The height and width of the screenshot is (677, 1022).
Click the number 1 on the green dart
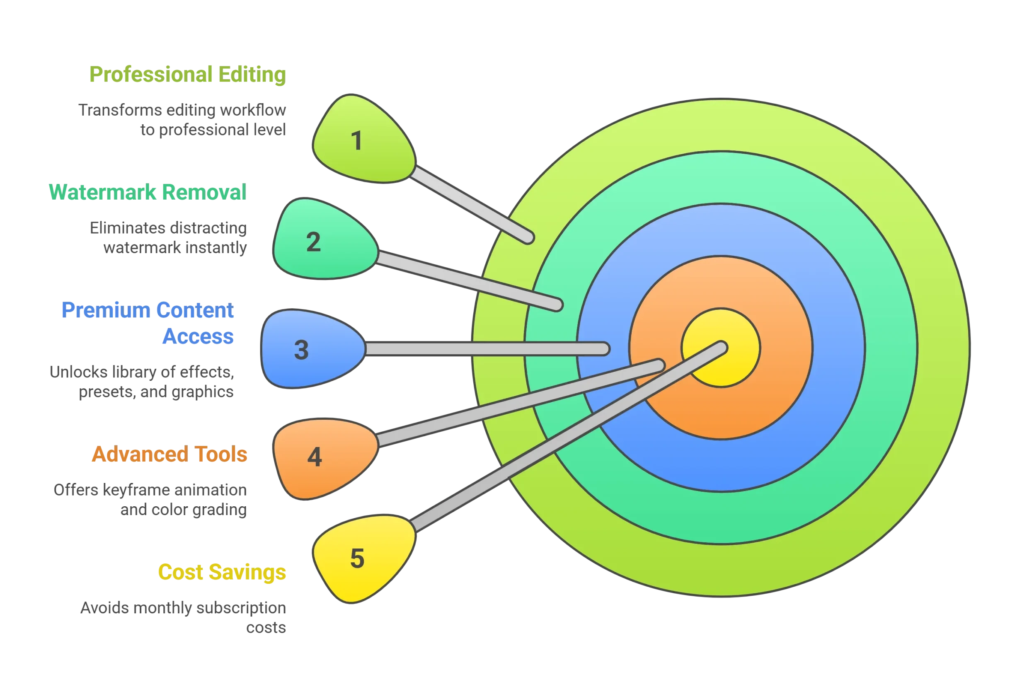(x=357, y=141)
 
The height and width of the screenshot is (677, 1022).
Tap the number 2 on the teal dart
(x=313, y=242)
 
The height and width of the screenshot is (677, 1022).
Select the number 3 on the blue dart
(x=301, y=350)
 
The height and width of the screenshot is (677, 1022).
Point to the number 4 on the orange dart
(x=314, y=457)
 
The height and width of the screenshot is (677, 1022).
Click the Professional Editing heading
(x=188, y=75)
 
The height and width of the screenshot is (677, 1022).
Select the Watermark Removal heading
(x=148, y=192)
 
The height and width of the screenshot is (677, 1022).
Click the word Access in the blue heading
(x=198, y=336)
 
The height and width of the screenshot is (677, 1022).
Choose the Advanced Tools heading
(x=170, y=454)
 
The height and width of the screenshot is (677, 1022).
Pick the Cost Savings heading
(x=222, y=572)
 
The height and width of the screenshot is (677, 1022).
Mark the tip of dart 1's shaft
(x=529, y=238)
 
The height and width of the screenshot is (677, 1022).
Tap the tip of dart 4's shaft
(x=659, y=365)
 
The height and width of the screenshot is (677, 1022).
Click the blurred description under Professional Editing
(x=183, y=120)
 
